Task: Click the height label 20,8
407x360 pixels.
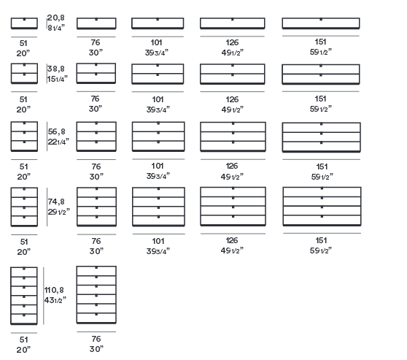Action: click(55, 18)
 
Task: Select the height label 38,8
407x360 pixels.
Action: click(56, 69)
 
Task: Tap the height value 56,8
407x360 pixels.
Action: click(57, 131)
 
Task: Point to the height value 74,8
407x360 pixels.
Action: click(56, 202)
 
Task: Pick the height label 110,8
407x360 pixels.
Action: click(54, 290)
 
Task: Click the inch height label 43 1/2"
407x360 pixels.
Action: click(55, 300)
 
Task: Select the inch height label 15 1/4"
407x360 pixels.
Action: click(58, 79)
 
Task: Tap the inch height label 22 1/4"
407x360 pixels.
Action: click(58, 142)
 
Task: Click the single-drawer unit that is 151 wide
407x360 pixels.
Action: click(321, 23)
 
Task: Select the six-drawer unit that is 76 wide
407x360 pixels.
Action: click(96, 295)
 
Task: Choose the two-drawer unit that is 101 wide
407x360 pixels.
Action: click(158, 74)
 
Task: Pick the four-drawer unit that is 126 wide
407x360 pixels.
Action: click(233, 207)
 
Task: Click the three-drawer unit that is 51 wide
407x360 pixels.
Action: click(24, 137)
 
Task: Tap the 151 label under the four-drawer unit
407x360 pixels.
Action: click(322, 240)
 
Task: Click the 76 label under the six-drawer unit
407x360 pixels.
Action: click(96, 339)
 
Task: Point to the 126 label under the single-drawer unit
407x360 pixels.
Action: click(232, 42)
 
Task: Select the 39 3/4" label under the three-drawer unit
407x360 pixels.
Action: click(158, 176)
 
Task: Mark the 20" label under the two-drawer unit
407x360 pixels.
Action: click(23, 110)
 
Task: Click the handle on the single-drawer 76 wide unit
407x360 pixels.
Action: click(96, 19)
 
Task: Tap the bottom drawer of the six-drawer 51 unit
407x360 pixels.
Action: click(24, 319)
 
